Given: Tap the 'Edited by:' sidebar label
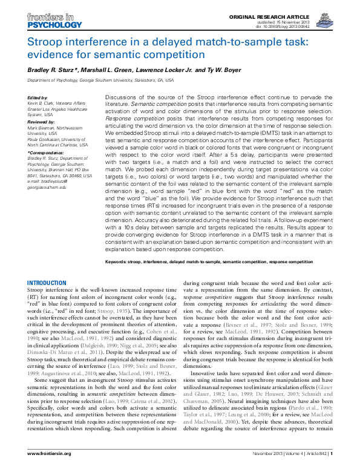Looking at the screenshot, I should pyautogui.click(x=38, y=97).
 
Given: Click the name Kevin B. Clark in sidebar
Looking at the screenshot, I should pyautogui.click(x=41, y=103).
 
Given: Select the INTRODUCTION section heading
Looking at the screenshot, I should pyautogui.click(x=48, y=283).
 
